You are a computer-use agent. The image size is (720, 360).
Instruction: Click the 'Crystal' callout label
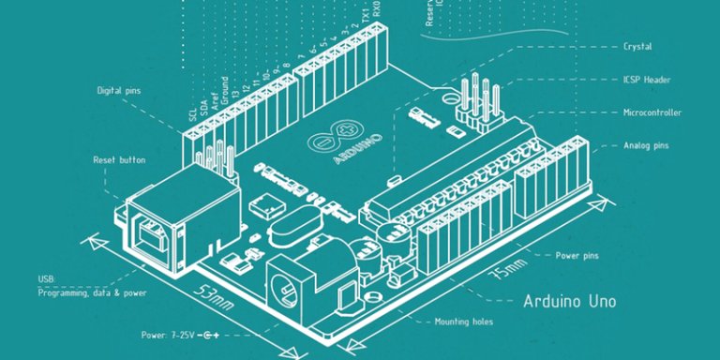(637, 46)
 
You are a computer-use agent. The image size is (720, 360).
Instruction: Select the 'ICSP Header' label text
(646, 80)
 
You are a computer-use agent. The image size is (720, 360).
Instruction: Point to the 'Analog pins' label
(646, 145)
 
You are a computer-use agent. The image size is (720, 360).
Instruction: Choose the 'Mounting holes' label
(464, 322)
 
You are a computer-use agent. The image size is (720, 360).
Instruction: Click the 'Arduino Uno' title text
(569, 302)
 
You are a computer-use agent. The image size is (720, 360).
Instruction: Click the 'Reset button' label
(119, 160)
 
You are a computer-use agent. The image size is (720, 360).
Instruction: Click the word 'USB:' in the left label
(47, 280)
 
